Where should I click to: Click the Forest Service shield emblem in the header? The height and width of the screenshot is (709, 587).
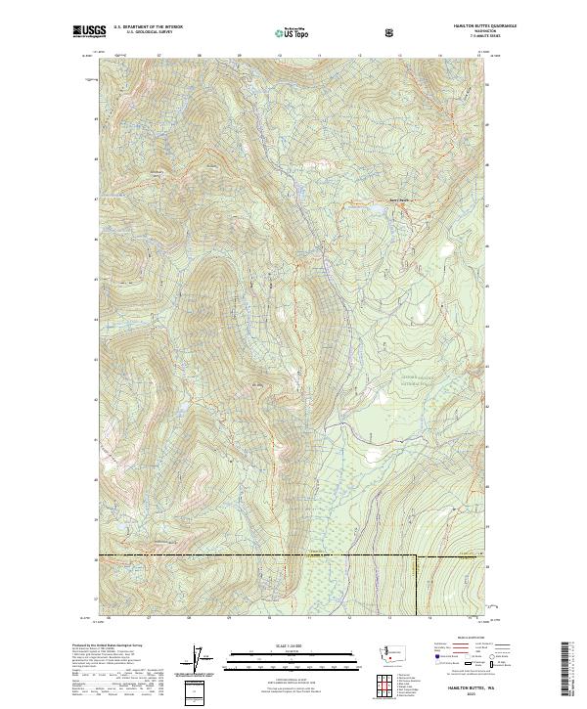point(391,32)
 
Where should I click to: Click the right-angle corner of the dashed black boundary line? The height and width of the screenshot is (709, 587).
point(417,557)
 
